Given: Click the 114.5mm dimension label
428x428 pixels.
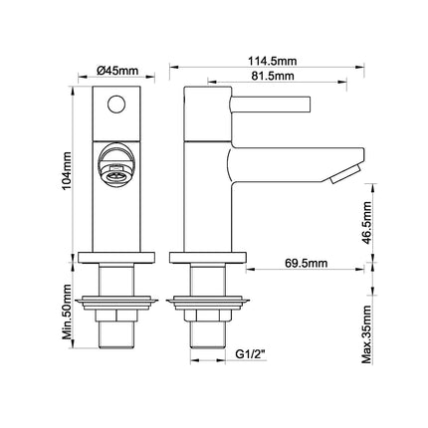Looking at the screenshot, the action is pyautogui.click(x=273, y=62).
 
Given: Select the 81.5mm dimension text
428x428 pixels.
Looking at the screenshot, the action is pyautogui.click(x=273, y=76).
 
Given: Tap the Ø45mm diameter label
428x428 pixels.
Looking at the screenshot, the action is pyautogui.click(x=117, y=71).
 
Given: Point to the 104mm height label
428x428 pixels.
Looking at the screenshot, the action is pyautogui.click(x=67, y=170).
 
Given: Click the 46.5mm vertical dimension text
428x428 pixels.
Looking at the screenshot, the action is pyautogui.click(x=367, y=222).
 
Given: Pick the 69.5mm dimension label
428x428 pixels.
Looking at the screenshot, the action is pyautogui.click(x=306, y=264).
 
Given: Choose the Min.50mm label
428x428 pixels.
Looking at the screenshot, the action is pyautogui.click(x=67, y=312).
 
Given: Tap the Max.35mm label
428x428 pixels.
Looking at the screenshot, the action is pyautogui.click(x=367, y=334).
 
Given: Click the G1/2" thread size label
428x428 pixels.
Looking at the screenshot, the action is pyautogui.click(x=251, y=354).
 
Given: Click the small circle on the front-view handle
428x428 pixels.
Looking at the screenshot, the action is pyautogui.click(x=116, y=105).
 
